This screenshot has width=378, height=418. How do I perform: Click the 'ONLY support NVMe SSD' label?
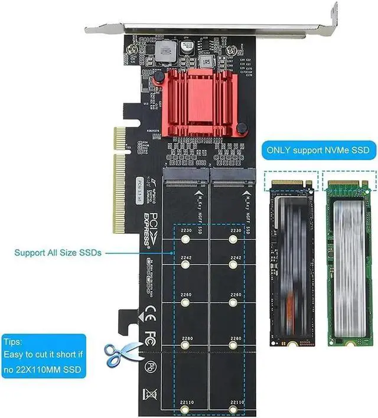318,150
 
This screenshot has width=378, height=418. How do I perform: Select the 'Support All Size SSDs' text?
58,253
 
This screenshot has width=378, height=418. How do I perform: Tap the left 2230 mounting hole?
186,240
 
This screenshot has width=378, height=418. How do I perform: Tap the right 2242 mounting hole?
234,266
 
